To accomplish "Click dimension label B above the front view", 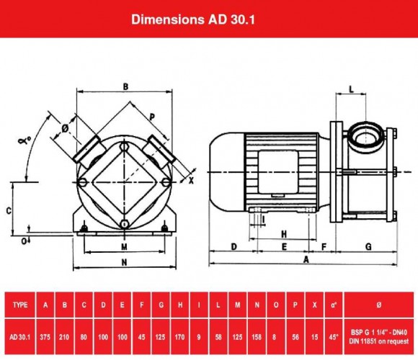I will click(x=125, y=87).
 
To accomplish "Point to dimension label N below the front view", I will click(x=125, y=262).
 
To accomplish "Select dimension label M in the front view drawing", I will click(x=125, y=246).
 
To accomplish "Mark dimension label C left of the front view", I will click(x=7, y=210).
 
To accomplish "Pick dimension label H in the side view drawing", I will click(x=284, y=233).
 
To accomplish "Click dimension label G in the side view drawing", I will click(x=368, y=246).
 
